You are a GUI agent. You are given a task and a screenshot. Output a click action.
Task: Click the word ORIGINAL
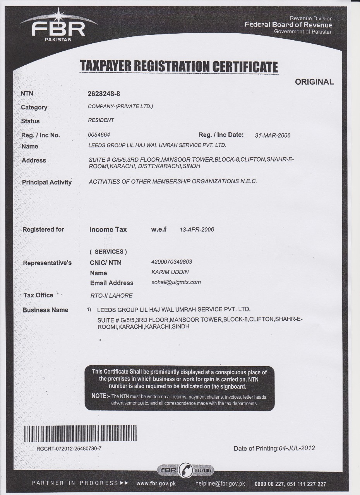314,82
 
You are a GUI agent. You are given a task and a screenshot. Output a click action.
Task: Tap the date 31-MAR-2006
273,135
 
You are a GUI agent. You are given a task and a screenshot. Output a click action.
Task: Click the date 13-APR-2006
197,230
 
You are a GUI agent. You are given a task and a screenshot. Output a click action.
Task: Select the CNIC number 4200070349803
171,262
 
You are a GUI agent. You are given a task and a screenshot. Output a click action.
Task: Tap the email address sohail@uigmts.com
176,282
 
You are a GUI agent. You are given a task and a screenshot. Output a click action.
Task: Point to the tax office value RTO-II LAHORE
111,295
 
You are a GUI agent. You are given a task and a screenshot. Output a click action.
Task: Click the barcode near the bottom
105,434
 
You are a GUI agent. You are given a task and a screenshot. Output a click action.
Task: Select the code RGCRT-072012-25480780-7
69,449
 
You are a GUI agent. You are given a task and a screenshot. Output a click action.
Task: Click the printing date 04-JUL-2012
297,448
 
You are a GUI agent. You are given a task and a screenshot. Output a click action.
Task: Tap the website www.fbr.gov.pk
156,483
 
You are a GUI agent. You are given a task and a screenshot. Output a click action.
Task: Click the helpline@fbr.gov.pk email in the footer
220,483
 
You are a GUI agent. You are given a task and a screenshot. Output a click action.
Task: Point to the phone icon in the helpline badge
187,470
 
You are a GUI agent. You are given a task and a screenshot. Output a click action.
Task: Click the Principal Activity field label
47,182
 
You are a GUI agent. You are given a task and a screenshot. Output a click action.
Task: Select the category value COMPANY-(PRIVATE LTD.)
121,106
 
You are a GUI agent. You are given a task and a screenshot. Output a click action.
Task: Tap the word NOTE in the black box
100,396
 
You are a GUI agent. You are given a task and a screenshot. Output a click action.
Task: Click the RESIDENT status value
101,120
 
